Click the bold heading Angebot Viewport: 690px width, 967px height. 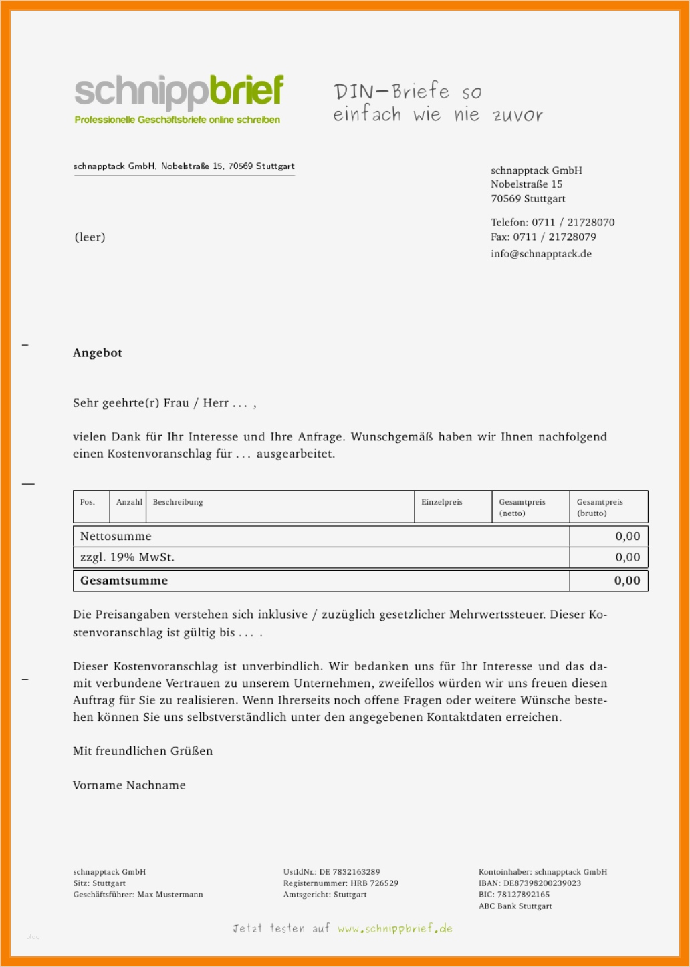coord(98,353)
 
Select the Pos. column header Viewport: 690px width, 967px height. coord(88,502)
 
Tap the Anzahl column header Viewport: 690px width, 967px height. coord(129,502)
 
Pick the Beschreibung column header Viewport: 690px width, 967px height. coord(178,502)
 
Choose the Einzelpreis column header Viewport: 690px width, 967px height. coord(441,502)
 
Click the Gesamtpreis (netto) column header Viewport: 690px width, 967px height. coord(522,507)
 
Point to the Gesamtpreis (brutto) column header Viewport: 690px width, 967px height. coord(600,507)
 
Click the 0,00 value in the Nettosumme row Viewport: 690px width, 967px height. coord(627,536)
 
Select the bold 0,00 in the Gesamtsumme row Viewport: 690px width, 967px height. coord(627,581)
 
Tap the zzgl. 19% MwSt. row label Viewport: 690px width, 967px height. coord(127,557)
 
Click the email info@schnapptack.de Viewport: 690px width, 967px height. coord(541,254)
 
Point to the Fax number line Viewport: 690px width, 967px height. coord(543,237)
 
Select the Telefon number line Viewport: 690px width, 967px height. coord(552,222)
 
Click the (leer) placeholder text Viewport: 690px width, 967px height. coord(90,237)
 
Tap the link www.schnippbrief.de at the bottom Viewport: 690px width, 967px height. coord(394,928)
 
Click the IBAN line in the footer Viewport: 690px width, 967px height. coord(530,883)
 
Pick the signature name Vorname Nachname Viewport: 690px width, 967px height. coord(129,785)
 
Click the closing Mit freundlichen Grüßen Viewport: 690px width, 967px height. coord(142,751)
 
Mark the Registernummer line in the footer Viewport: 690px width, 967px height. coord(340,883)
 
